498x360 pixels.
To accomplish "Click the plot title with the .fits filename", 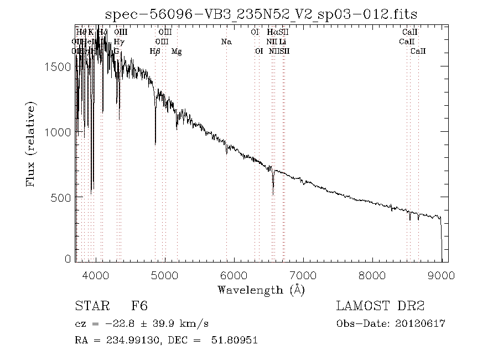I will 261,13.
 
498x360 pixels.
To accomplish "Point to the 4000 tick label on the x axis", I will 97,275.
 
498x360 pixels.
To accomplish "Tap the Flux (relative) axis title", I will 31,144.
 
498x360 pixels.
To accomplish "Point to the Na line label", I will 226,42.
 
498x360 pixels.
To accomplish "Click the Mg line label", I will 177,52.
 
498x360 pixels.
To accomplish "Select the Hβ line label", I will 155,52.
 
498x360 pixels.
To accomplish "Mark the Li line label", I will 283,42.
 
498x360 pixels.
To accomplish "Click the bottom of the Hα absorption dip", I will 273,194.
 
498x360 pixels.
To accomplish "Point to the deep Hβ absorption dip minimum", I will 155,145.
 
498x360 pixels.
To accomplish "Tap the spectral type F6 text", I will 139,306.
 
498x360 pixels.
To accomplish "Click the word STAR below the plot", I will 90,306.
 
